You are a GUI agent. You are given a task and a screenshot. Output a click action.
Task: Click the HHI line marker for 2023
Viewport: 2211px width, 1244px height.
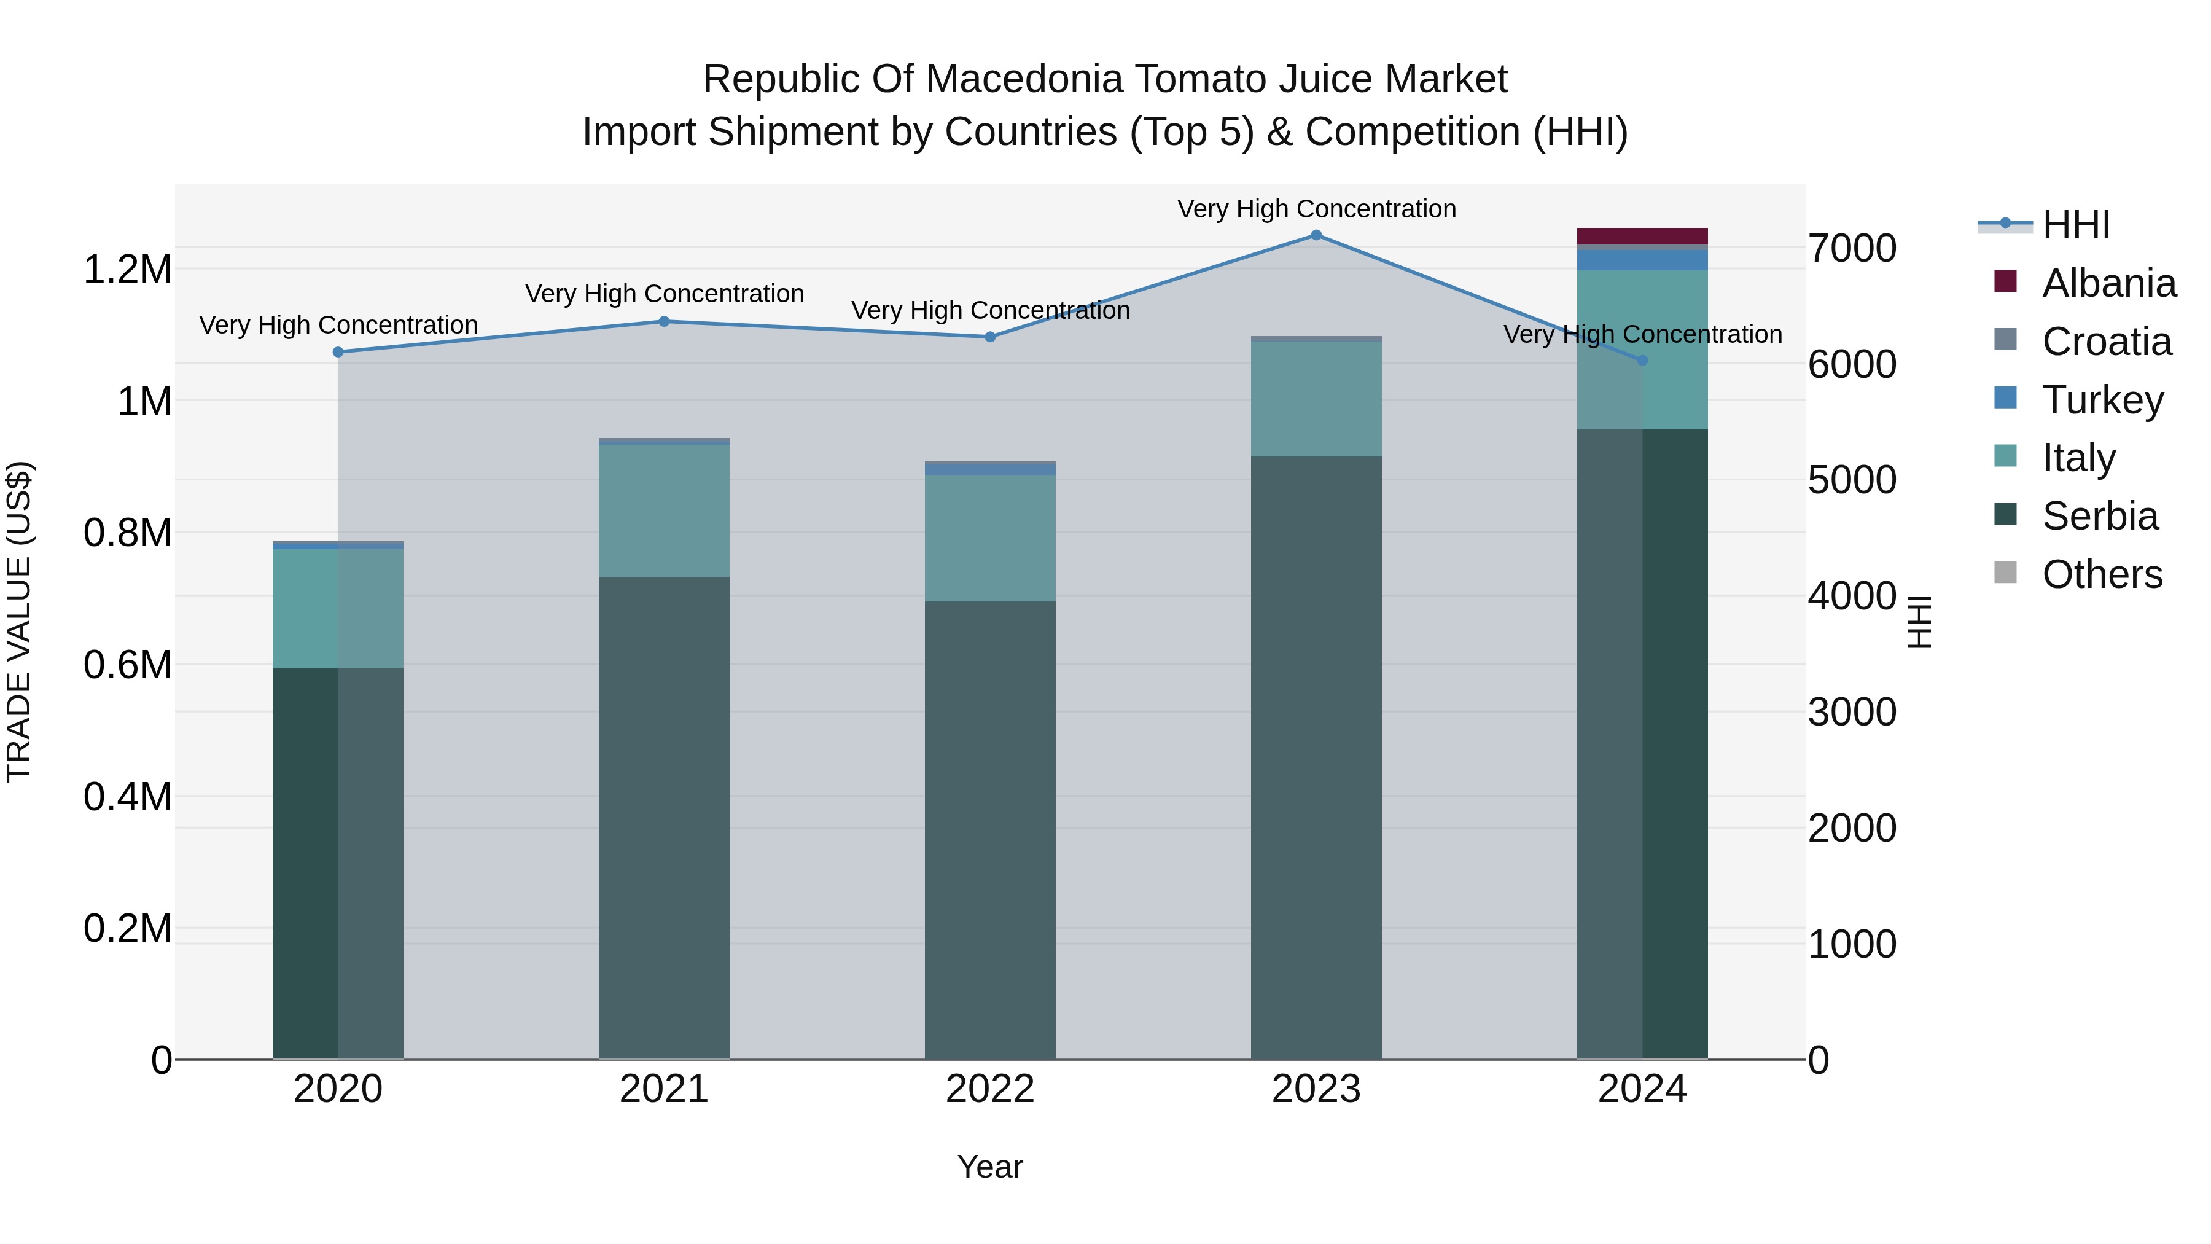[x=1316, y=235]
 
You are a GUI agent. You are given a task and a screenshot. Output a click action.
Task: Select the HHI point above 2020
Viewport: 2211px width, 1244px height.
[x=338, y=352]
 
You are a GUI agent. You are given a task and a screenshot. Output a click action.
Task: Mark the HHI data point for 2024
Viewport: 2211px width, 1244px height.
[x=1642, y=361]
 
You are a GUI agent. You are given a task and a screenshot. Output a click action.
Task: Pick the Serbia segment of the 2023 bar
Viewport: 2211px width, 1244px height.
[x=1316, y=758]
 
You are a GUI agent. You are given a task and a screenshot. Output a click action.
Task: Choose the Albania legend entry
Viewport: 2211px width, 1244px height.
[x=2085, y=283]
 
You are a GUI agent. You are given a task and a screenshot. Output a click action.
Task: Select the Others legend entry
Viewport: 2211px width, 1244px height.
[x=2078, y=574]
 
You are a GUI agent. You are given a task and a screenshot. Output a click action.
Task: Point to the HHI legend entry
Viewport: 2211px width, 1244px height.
[x=2043, y=225]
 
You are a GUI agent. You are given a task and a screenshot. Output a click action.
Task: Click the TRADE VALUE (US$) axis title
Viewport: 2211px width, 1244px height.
[x=19, y=622]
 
